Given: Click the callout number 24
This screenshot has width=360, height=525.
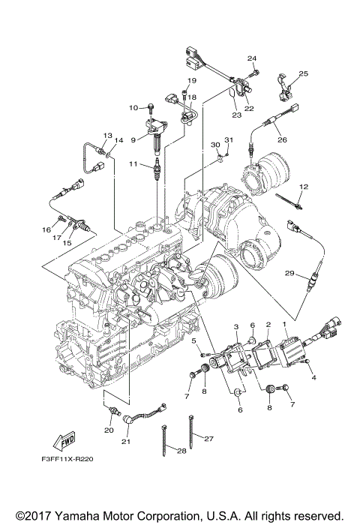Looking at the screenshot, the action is (x=252, y=58).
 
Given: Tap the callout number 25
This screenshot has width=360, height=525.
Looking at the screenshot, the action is (x=304, y=73).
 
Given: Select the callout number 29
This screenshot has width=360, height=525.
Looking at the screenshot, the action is (x=289, y=273).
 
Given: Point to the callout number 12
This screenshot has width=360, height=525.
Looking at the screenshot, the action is (x=304, y=187).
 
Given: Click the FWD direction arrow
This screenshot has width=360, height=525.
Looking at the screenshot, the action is (x=64, y=441).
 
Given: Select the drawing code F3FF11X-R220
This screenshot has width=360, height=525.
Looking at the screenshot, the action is (x=67, y=459).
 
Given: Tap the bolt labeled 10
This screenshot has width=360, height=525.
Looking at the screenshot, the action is (x=151, y=109).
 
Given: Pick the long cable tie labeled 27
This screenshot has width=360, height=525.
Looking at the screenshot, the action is (x=191, y=431).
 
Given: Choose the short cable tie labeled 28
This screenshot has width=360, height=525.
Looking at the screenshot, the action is (x=165, y=440).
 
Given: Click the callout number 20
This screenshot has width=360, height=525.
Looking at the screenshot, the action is (x=109, y=430).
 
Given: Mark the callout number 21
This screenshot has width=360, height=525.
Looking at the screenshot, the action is (x=125, y=442).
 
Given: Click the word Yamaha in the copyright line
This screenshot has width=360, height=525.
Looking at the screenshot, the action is (x=76, y=515).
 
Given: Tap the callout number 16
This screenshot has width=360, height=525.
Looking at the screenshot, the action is (x=46, y=230).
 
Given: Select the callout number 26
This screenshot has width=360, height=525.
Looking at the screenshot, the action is (x=282, y=139).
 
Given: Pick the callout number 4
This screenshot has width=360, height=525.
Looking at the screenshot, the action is (x=313, y=378).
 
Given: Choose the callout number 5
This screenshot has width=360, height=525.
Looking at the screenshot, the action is (x=194, y=341).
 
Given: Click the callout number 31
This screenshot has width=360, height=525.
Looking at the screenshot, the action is (x=229, y=139).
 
